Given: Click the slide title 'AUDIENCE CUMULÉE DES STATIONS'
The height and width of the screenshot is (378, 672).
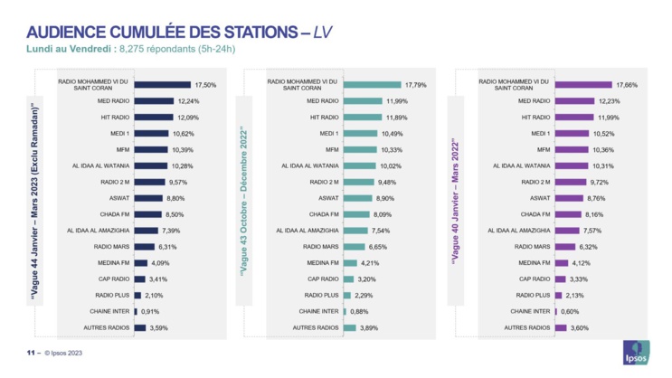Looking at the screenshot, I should click(154, 32).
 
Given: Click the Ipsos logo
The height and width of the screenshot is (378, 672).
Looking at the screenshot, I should click(637, 353).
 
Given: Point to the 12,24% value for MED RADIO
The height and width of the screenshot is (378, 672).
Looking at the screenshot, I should click(187, 100).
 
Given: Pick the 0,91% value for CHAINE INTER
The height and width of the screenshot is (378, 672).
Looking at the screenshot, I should click(152, 311).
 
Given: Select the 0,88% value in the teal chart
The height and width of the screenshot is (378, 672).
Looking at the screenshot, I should click(361, 311).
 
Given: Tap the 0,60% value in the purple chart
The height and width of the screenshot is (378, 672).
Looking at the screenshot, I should click(571, 311).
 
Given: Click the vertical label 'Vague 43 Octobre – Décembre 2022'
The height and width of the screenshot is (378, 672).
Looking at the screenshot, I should click(244, 203).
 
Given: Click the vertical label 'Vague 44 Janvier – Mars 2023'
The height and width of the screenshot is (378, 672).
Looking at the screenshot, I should click(36, 203).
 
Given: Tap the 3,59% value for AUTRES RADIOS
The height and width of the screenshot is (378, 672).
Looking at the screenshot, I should click(158, 327).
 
